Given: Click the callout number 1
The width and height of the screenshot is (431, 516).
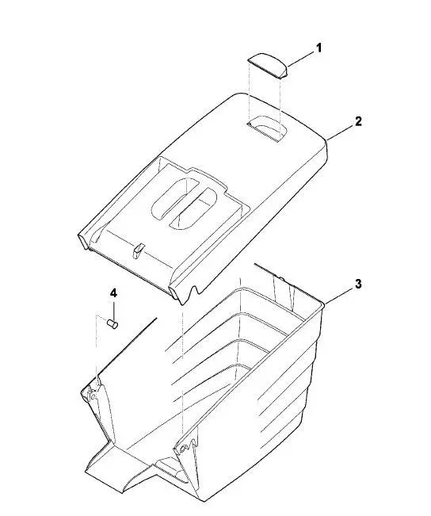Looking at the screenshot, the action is [318, 48].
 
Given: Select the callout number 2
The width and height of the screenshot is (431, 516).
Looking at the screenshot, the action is [358, 121].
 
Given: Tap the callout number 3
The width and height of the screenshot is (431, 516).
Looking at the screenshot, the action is [358, 284].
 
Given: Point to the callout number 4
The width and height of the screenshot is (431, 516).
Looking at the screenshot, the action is [113, 293].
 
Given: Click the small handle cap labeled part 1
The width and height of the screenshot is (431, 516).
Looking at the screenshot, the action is [268, 66].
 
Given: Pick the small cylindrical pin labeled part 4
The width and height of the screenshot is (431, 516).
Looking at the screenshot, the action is [113, 324].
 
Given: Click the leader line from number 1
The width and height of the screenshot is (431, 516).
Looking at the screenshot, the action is [301, 59].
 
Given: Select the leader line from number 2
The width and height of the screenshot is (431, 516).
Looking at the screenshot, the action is [340, 132].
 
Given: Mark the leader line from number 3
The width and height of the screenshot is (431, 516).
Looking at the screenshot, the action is [339, 295].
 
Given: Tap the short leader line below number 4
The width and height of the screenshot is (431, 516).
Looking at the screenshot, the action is [114, 310].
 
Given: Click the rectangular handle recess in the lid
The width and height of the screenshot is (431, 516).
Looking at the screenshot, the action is [267, 128].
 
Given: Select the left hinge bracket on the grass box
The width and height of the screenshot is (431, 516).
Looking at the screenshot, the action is [93, 392].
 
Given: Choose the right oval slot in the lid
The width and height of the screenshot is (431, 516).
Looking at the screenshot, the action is [193, 208].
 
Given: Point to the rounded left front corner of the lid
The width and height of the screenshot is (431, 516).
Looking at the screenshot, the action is [83, 239].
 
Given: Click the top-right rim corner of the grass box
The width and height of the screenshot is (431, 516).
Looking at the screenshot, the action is [323, 305].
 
